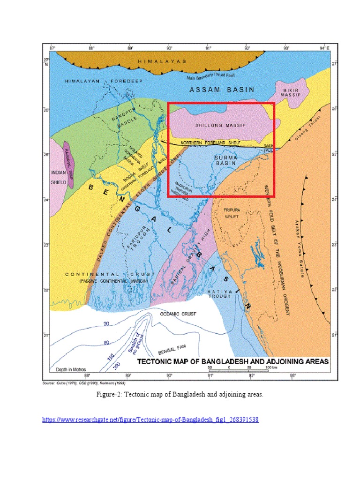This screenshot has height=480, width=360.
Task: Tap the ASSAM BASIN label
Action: (x=222, y=89)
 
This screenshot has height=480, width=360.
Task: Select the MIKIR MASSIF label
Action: (x=290, y=92)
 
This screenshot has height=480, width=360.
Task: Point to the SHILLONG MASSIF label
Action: (x=220, y=126)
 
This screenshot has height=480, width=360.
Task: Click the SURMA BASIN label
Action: (x=227, y=160)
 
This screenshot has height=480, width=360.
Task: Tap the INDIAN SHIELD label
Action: (x=59, y=176)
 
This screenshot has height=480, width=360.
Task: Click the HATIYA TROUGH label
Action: (x=219, y=293)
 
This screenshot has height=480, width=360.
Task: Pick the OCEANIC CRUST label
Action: (x=178, y=314)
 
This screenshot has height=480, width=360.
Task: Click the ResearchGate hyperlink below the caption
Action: (x=150, y=420)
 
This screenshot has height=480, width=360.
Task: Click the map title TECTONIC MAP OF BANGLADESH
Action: (x=232, y=362)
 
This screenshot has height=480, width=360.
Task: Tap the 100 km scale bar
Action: (x=239, y=370)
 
